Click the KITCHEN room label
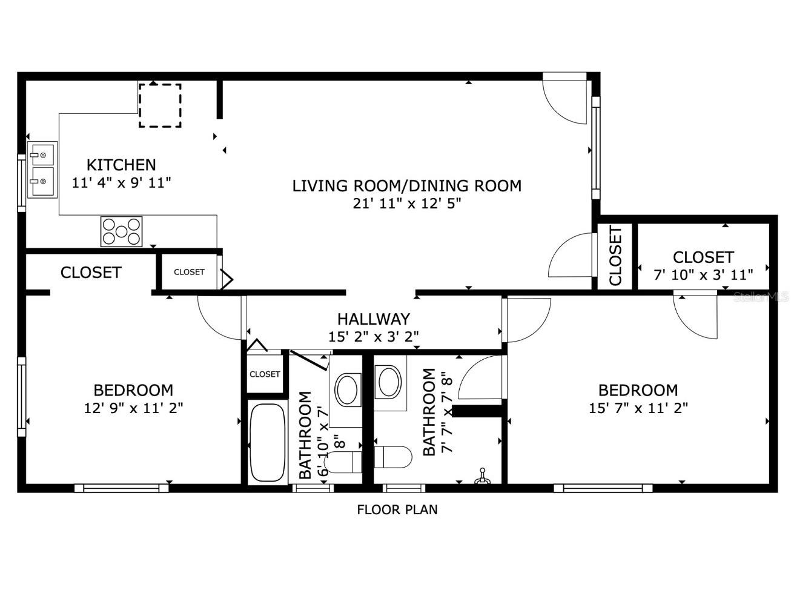click(x=121, y=165)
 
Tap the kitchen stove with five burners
click(x=121, y=231)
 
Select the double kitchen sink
click(x=42, y=170)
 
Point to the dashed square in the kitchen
click(x=160, y=105)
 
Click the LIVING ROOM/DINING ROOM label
click(x=406, y=186)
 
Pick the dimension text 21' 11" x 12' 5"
click(x=407, y=204)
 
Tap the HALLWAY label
click(x=373, y=319)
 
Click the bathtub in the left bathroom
click(x=268, y=443)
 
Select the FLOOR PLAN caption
click(x=397, y=510)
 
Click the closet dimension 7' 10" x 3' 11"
click(x=703, y=275)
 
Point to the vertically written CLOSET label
click(x=615, y=256)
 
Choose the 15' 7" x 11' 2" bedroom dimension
click(x=638, y=408)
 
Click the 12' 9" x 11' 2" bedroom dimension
click(x=133, y=408)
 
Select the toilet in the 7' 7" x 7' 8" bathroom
click(x=393, y=457)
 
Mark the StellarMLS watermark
click(x=761, y=297)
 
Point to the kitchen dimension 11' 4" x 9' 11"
click(x=121, y=183)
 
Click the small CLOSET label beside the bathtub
click(x=265, y=374)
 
